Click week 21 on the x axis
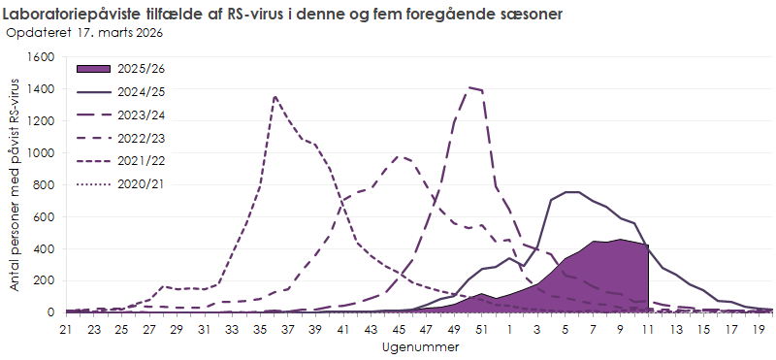pyautogui.click(x=66, y=330)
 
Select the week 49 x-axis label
pyautogui.click(x=455, y=330)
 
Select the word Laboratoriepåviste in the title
pyautogui.click(x=75, y=14)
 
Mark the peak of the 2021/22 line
pyautogui.click(x=275, y=96)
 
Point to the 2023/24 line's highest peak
pyautogui.click(x=469, y=87)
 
